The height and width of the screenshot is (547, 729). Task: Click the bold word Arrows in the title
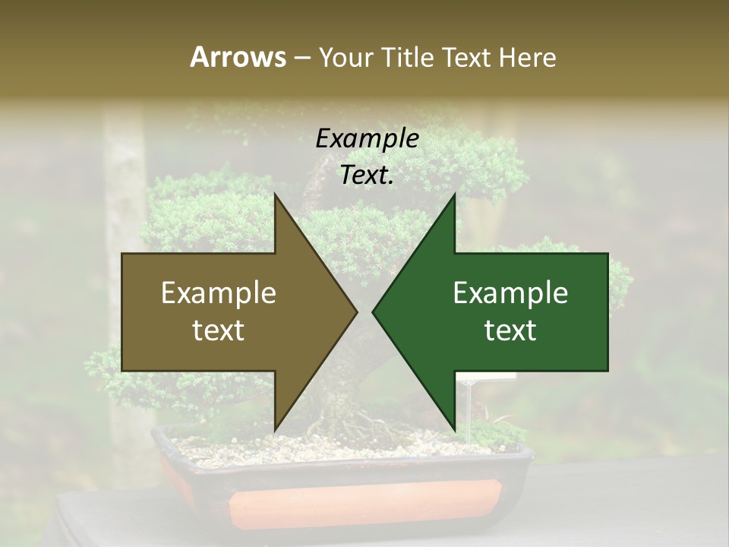click(238, 57)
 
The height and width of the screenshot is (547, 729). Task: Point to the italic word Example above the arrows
click(367, 139)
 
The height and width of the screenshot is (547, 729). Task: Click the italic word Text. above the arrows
click(367, 175)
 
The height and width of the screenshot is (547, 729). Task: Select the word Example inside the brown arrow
click(219, 293)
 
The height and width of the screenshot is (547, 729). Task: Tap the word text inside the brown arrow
click(219, 330)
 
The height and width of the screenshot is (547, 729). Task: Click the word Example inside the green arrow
click(510, 293)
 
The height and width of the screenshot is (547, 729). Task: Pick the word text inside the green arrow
click(510, 330)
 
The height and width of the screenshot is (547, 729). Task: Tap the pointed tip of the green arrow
click(374, 311)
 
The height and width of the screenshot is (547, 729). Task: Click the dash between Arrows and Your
click(301, 58)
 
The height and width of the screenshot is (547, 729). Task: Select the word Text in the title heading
click(468, 57)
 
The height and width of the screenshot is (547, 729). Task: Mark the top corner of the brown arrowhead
click(275, 195)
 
